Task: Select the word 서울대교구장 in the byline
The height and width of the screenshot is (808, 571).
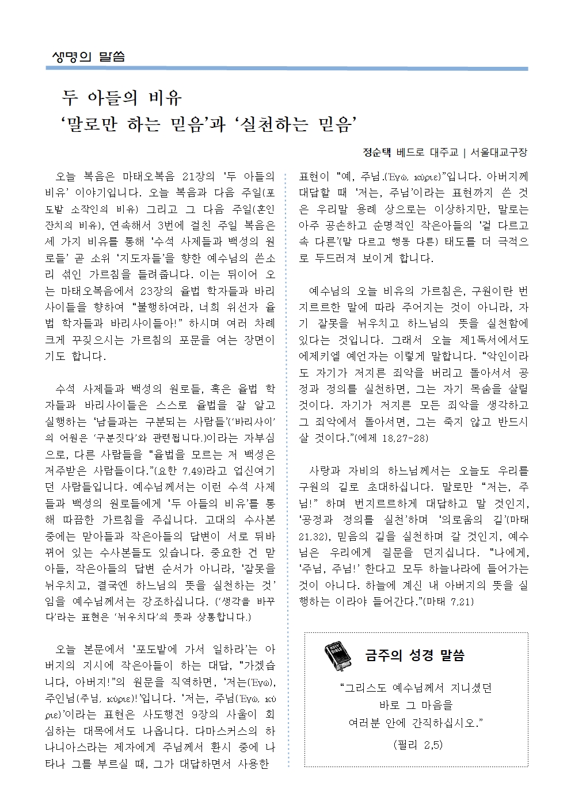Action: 498,153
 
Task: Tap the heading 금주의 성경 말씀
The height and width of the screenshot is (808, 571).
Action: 414,655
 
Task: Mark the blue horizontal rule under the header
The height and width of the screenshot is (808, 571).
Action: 286,69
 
